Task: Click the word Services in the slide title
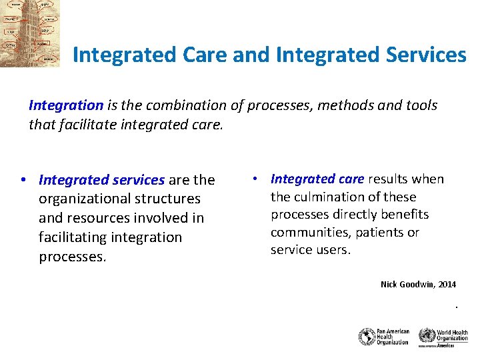point(427,55)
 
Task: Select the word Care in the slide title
point(201,55)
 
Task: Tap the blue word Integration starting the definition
point(66,105)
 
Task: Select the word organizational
point(83,199)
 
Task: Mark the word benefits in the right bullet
point(404,215)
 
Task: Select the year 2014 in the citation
point(447,285)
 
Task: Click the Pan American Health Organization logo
point(383,337)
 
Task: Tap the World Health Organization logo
point(443,337)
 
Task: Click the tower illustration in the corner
point(30,33)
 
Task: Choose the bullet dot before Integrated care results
point(255,179)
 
